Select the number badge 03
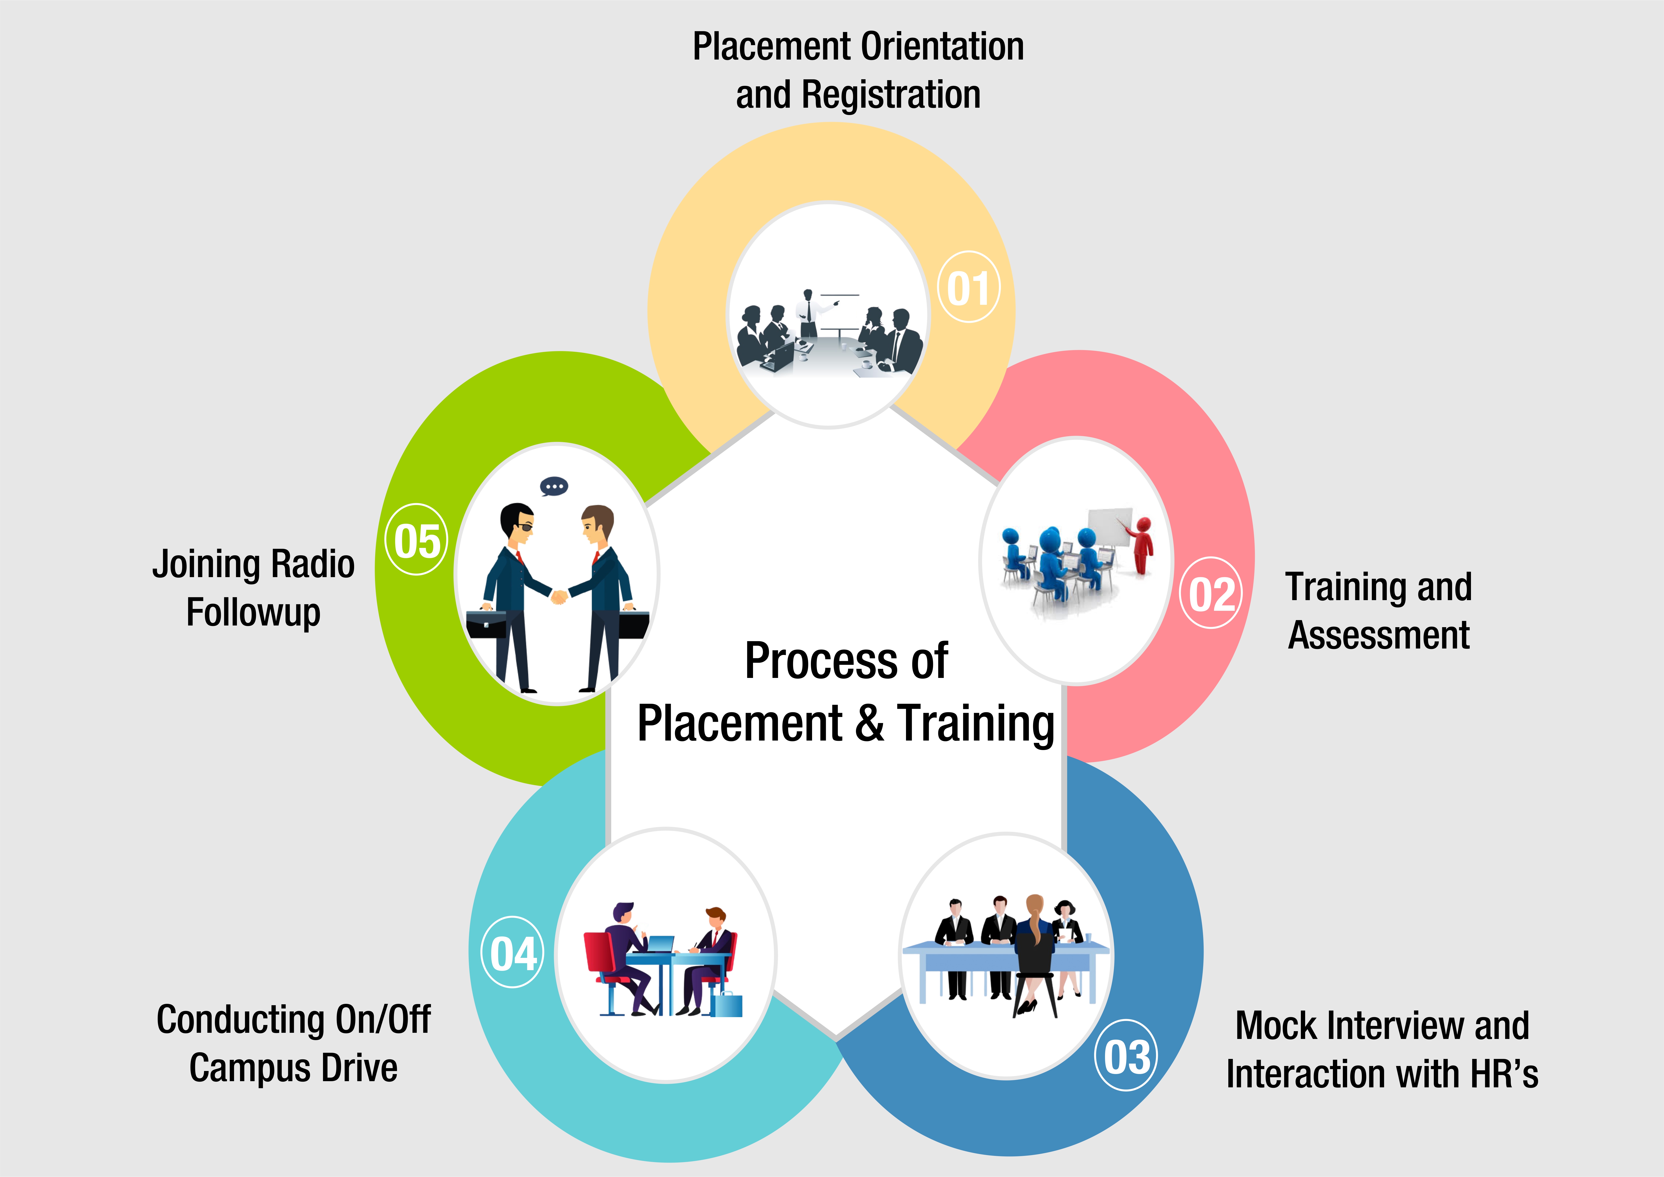[1126, 1056]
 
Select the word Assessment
[1378, 636]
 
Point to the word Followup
[253, 612]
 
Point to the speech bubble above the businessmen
[555, 486]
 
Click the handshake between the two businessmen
[559, 597]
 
